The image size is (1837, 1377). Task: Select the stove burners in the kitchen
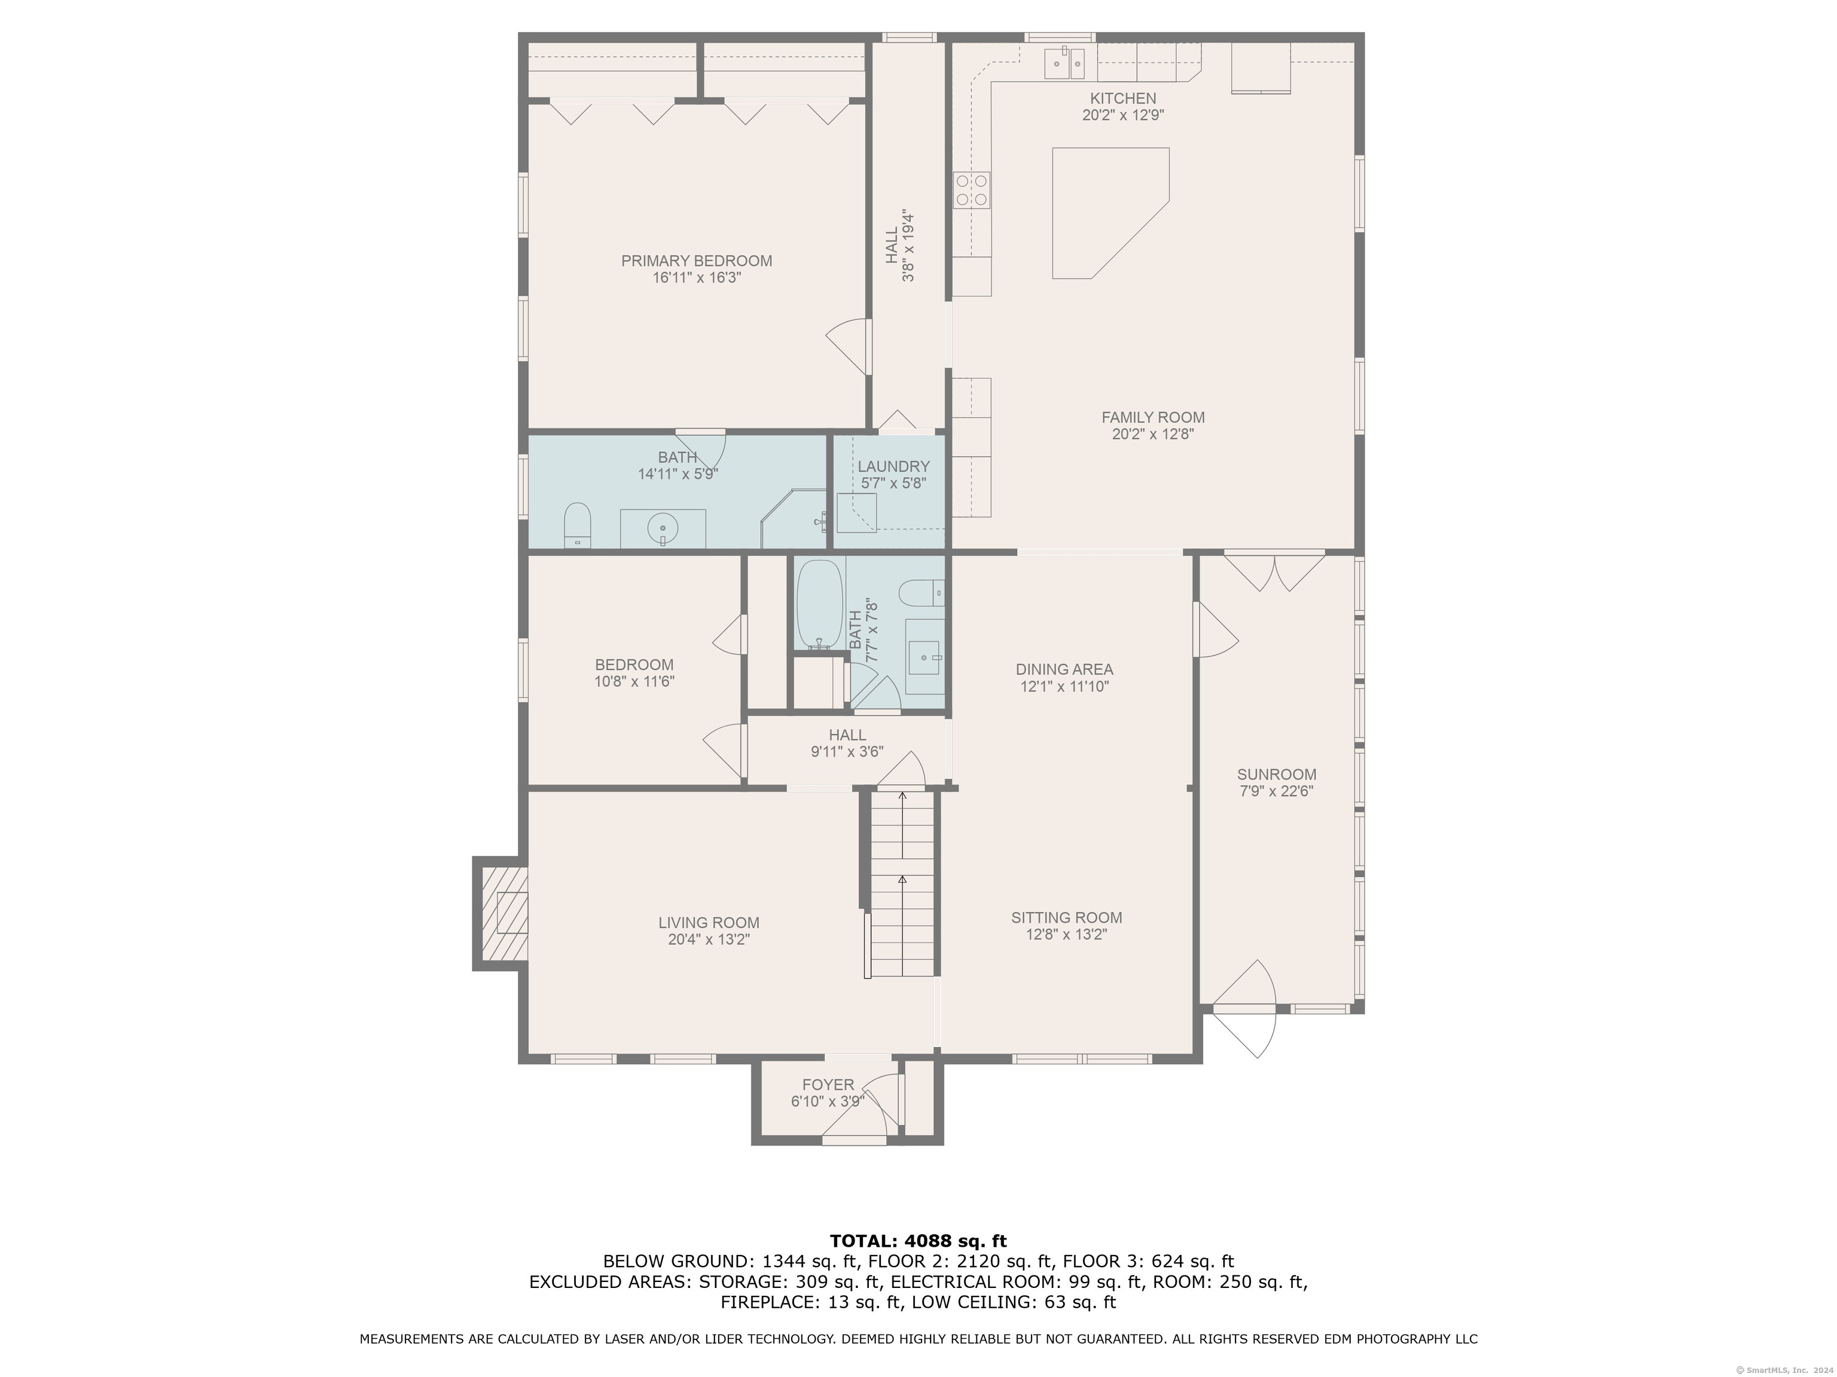pos(972,189)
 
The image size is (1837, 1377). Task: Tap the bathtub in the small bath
pos(820,604)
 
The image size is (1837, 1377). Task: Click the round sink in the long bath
pos(663,528)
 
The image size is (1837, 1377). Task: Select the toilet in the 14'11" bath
pos(577,525)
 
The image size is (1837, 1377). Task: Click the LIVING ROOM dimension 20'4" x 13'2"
pos(709,940)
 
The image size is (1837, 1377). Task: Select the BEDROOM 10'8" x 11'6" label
pos(634,673)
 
